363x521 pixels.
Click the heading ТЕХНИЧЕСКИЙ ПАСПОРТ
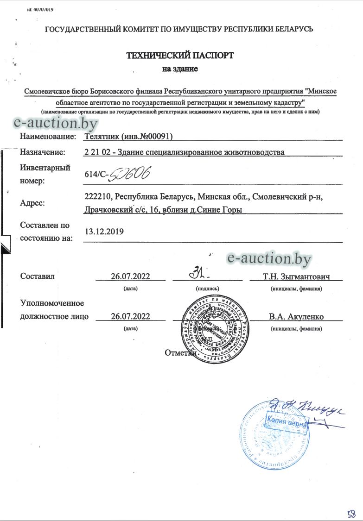coord(180,56)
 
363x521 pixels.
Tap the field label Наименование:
coord(48,136)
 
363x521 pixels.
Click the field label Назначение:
coord(43,152)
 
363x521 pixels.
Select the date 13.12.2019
coord(104,231)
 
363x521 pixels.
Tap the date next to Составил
coord(130,276)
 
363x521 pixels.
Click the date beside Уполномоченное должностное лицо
coord(130,316)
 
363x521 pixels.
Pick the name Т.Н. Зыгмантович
coord(296,276)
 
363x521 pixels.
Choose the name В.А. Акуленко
coord(296,317)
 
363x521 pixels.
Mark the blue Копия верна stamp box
coord(286,422)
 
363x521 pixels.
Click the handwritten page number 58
coord(352,513)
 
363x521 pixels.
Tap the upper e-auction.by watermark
coord(56,123)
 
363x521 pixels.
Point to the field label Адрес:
coord(33,203)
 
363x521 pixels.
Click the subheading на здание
coord(180,69)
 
